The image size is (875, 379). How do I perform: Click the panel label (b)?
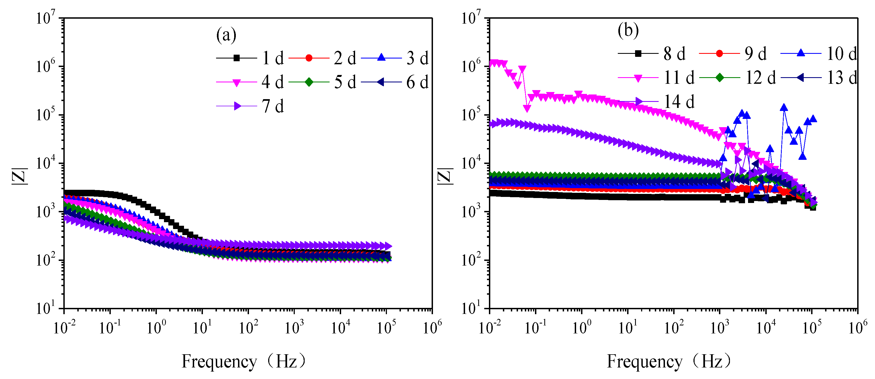(628, 30)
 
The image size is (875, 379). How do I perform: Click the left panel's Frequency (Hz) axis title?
(243, 361)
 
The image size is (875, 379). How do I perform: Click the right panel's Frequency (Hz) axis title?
(669, 361)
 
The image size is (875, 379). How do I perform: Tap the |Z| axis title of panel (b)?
(445, 176)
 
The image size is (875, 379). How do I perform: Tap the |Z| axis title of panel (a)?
(19, 176)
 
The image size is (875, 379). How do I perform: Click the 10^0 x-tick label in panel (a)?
(156, 327)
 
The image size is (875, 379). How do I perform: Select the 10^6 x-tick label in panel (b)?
(858, 327)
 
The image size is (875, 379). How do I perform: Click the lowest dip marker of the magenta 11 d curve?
(527, 108)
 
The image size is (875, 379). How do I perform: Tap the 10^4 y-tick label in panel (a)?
(46, 163)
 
